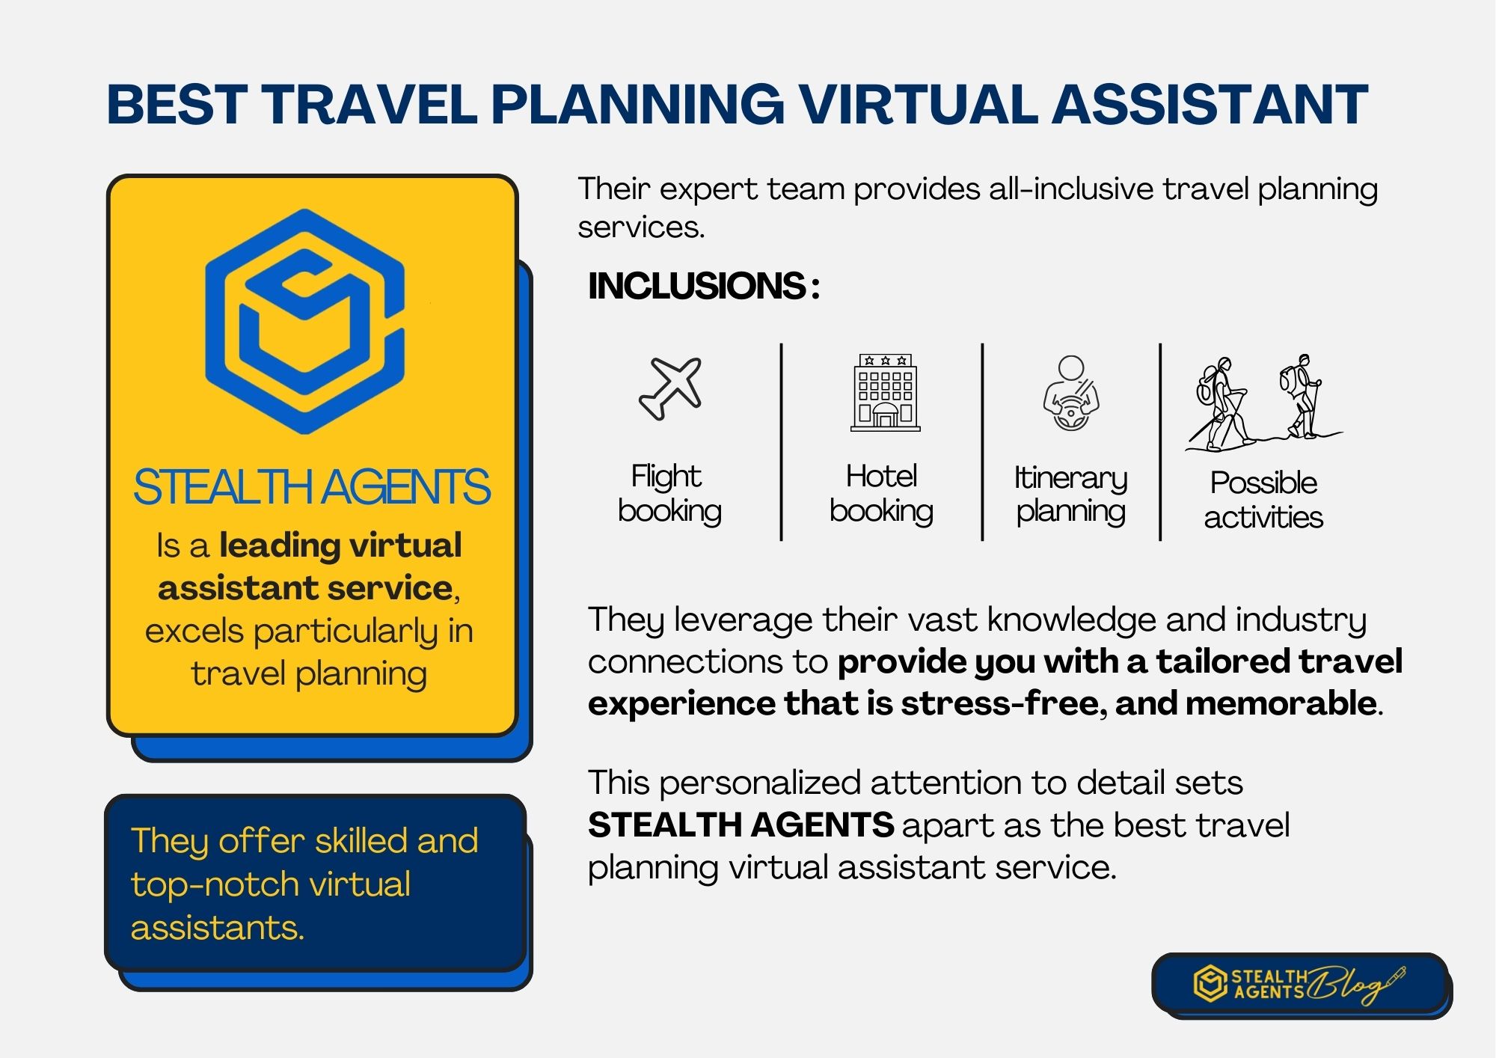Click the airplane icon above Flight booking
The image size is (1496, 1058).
pyautogui.click(x=670, y=388)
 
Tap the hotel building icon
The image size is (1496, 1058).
pyautogui.click(x=885, y=392)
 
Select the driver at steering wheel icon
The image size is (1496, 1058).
pyautogui.click(x=1071, y=394)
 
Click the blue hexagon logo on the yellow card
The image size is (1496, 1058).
pyautogui.click(x=305, y=322)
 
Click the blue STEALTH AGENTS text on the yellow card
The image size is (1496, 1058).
pyautogui.click(x=311, y=487)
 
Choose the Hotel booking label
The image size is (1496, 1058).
pyautogui.click(x=881, y=494)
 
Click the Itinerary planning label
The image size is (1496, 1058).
pyautogui.click(x=1070, y=495)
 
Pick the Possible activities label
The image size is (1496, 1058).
pyautogui.click(x=1263, y=500)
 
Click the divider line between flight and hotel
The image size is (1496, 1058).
pyautogui.click(x=781, y=441)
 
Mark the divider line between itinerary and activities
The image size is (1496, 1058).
pyautogui.click(x=1160, y=441)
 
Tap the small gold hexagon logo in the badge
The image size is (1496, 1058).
pyautogui.click(x=1210, y=983)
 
